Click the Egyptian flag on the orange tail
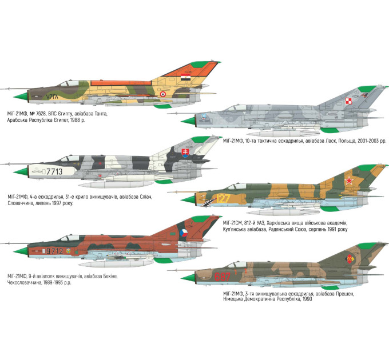185,77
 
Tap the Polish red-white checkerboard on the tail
348,101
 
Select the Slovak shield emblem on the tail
185,153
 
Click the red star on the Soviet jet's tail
349,181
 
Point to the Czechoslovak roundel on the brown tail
183,233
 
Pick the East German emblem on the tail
350,259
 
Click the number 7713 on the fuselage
54,171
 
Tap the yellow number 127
223,198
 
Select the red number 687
223,277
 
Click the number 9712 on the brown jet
54,251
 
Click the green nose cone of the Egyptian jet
21,97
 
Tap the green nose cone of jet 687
188,278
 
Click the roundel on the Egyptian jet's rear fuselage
162,94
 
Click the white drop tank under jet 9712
116,264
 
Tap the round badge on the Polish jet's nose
204,117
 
